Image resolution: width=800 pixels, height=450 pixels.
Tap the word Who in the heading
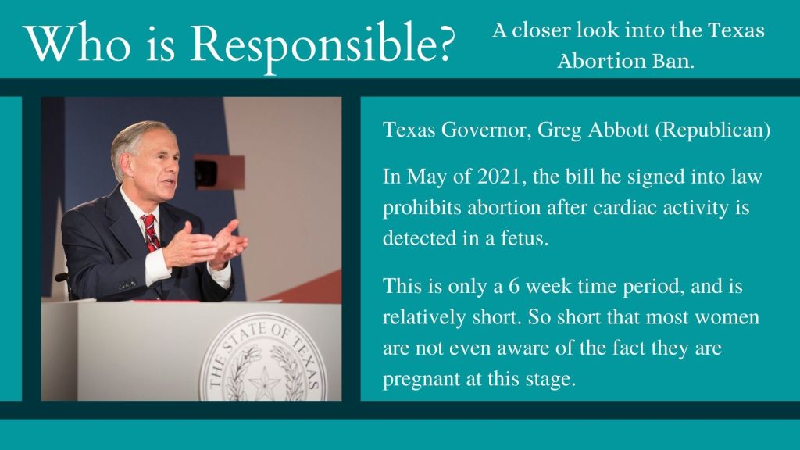point(77,44)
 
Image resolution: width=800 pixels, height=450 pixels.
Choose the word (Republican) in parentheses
point(712,130)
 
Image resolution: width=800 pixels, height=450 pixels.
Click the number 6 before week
point(514,286)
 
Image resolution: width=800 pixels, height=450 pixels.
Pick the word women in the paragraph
point(727,317)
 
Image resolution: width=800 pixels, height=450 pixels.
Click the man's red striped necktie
point(151,233)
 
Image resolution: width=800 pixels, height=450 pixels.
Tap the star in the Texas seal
point(264,384)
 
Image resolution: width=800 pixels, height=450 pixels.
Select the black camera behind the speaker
point(205,173)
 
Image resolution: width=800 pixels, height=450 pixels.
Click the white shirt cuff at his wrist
point(156,266)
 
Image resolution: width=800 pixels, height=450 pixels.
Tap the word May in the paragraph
point(426,178)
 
